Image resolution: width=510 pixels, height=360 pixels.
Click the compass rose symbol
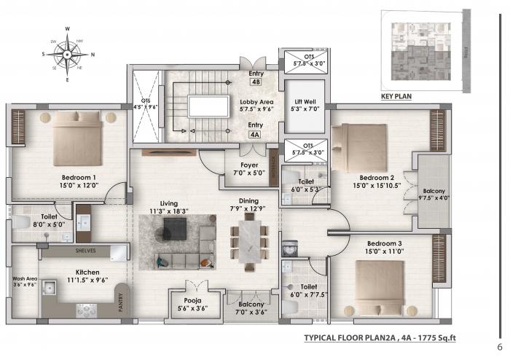[67, 53]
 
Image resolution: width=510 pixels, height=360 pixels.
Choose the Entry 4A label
[255, 130]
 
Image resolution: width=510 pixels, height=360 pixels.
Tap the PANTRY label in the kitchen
[121, 303]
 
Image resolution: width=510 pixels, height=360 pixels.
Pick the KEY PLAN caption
[397, 97]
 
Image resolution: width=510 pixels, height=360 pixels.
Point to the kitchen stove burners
[87, 309]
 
